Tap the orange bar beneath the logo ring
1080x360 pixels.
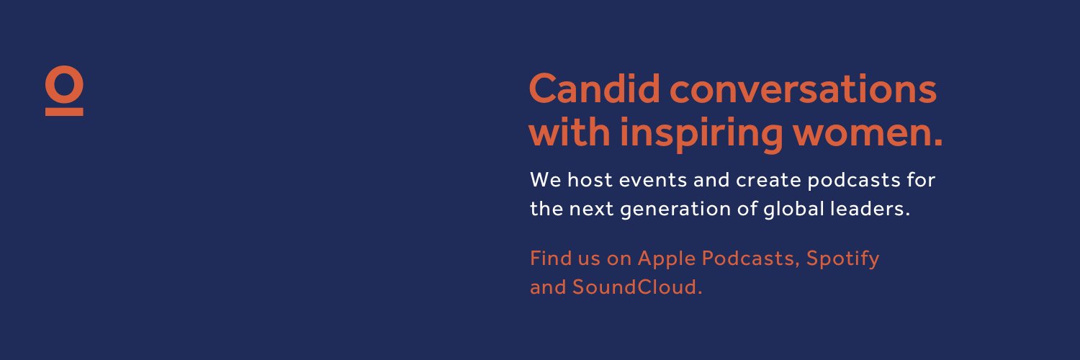click(64, 112)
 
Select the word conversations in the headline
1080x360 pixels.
click(803, 89)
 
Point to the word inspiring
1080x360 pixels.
click(701, 133)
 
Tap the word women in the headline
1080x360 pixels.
click(862, 133)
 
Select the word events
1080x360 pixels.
click(653, 181)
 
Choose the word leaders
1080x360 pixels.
click(867, 209)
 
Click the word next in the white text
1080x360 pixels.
click(592, 210)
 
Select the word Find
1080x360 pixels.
click(550, 258)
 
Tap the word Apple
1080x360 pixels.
click(666, 258)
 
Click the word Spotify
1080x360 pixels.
click(843, 258)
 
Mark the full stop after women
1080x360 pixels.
click(937, 142)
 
